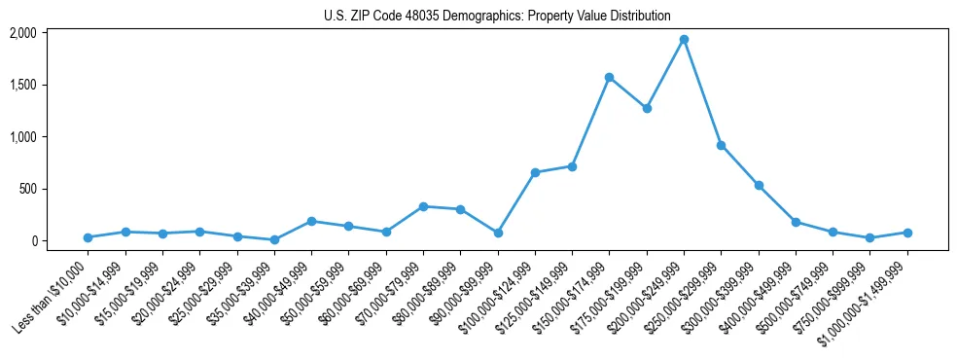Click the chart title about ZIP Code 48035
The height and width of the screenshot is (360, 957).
497,16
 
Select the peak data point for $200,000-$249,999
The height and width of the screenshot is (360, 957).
684,40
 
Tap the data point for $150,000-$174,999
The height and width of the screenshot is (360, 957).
609,78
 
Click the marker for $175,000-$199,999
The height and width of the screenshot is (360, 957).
647,108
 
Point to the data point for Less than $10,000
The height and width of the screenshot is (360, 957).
88,237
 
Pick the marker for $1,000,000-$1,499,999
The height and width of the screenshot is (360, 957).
907,233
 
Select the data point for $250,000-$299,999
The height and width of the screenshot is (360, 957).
721,145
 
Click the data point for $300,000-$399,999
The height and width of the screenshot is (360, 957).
759,185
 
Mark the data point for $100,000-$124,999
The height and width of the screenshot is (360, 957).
535,172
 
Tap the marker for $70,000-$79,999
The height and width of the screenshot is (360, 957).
423,206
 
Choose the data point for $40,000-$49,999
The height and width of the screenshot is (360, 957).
311,221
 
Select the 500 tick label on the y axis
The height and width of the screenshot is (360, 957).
54,189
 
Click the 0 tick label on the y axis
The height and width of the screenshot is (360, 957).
60,240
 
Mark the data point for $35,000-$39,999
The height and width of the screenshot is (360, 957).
274,239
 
